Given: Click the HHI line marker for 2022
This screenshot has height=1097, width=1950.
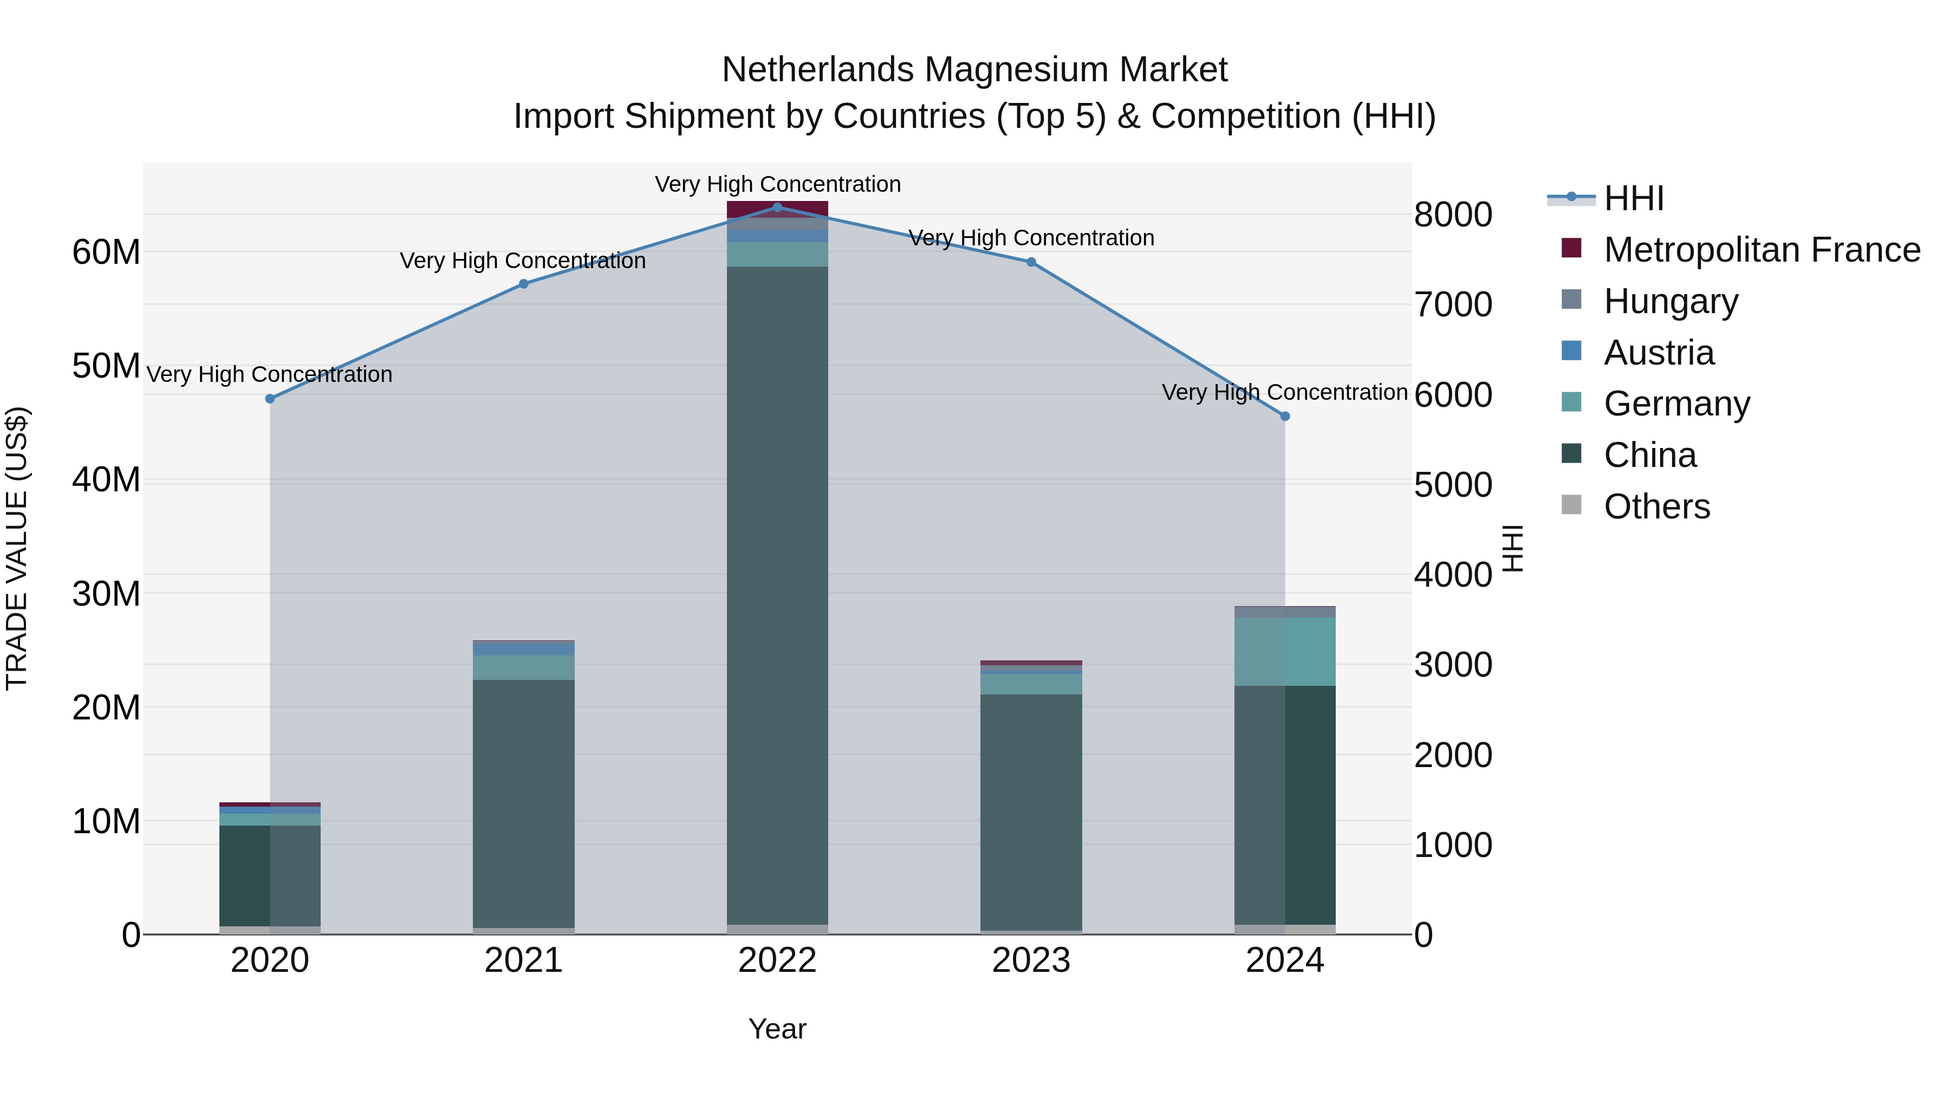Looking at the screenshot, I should click(x=777, y=207).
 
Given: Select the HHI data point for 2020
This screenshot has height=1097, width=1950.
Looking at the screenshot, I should click(x=270, y=398).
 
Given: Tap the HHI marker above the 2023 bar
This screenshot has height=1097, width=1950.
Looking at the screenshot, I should click(x=1031, y=262).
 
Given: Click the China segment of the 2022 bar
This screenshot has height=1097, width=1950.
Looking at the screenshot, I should click(x=777, y=590).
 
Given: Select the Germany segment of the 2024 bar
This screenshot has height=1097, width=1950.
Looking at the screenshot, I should click(x=1285, y=651).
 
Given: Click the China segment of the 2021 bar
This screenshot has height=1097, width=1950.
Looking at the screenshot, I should click(x=524, y=802).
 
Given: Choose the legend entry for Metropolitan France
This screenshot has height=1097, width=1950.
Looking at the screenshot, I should click(x=1761, y=250).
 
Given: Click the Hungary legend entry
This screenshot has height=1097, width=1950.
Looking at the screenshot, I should click(x=1670, y=301).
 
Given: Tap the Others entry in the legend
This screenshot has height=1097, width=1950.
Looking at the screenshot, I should click(x=1656, y=507).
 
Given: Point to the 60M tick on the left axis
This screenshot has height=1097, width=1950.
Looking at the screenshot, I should click(x=106, y=252).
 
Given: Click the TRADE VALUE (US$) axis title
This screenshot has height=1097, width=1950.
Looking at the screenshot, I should click(x=17, y=548).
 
